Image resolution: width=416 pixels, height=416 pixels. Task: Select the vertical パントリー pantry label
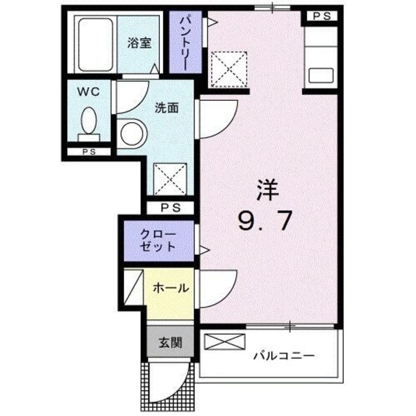(185, 44)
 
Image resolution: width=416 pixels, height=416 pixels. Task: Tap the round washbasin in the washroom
(132, 135)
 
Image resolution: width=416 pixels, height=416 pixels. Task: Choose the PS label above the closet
(170, 208)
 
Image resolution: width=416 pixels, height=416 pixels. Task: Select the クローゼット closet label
(158, 239)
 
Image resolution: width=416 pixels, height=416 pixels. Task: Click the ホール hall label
(171, 287)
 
